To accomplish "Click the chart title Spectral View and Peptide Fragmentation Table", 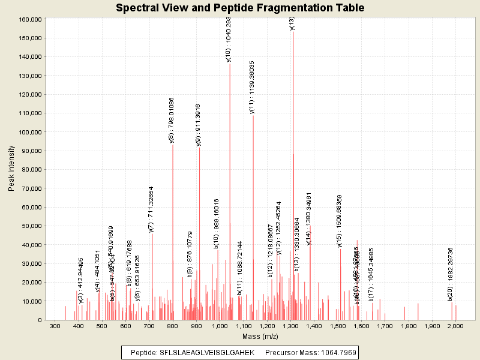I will (x=240, y=8).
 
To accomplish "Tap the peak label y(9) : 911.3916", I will (x=199, y=125).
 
